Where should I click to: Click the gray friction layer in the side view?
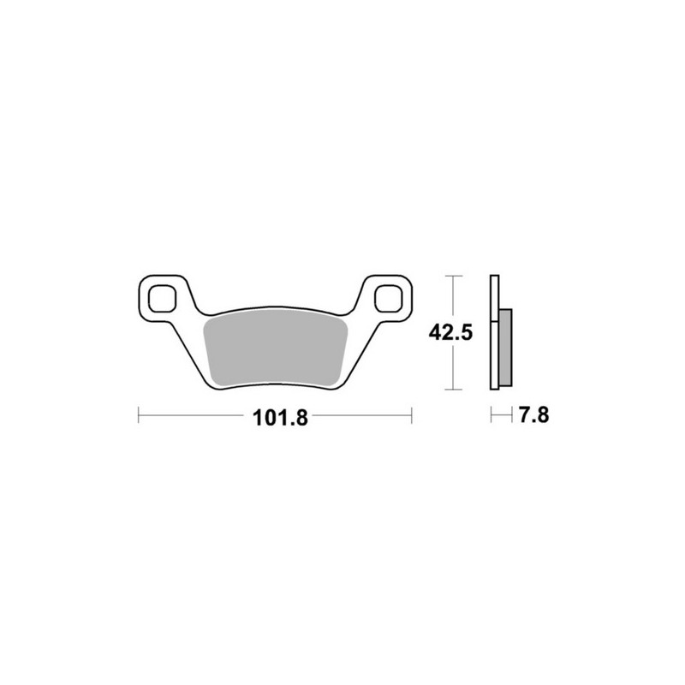(x=505, y=347)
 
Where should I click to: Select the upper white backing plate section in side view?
(x=494, y=291)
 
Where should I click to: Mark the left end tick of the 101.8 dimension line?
(x=139, y=418)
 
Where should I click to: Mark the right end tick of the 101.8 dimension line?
(x=413, y=418)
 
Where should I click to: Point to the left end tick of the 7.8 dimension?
(x=491, y=417)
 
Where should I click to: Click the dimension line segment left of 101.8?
(x=193, y=418)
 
